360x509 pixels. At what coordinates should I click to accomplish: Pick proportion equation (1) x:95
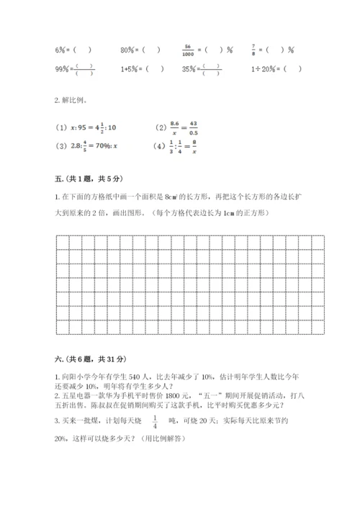pyautogui.click(x=86, y=127)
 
